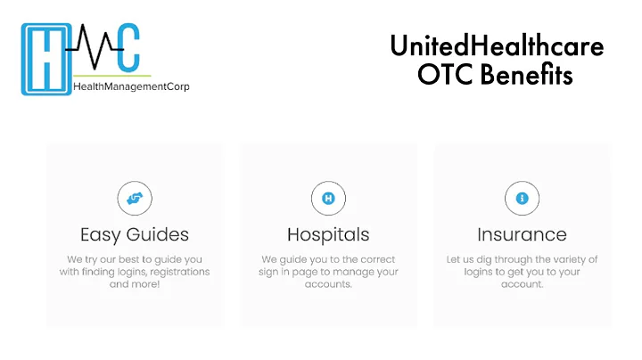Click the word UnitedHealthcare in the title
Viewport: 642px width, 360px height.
497,46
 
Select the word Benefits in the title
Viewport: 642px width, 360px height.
525,76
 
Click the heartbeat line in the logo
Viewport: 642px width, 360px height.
94,45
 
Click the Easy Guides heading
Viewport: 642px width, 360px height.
135,235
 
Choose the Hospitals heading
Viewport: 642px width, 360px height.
328,235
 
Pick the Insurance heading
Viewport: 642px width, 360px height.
522,235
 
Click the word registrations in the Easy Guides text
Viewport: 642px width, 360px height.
180,272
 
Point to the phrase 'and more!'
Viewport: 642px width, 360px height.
135,284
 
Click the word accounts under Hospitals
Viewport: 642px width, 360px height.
328,284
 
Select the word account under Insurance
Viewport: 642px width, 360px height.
522,284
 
